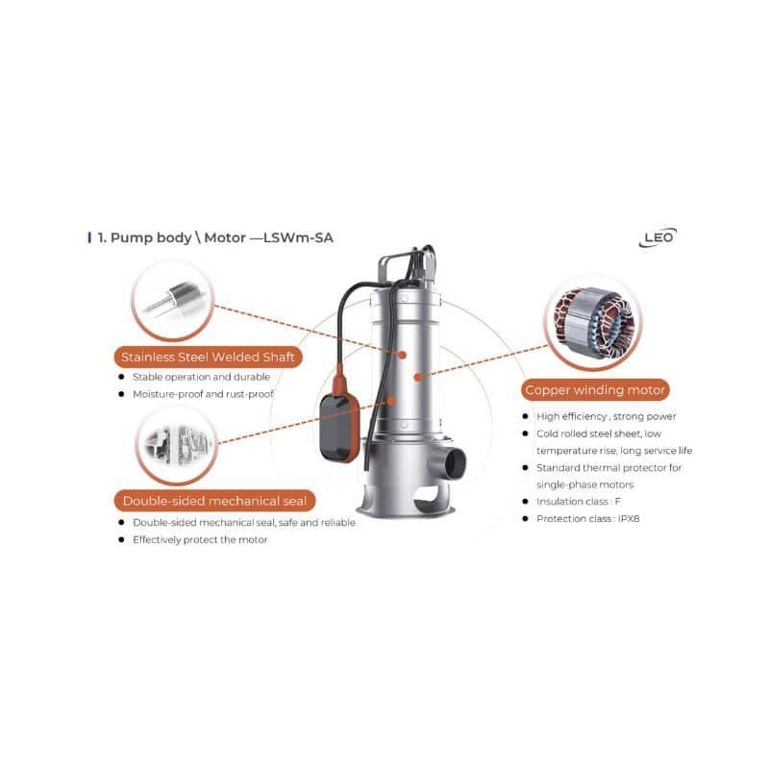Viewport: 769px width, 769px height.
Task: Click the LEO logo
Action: point(657,237)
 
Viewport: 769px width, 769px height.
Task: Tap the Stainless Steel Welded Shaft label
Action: point(208,357)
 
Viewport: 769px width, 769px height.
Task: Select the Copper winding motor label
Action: point(595,390)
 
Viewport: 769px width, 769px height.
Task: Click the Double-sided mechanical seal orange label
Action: point(214,501)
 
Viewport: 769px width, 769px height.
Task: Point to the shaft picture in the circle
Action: point(173,300)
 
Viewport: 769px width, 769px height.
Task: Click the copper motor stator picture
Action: point(593,321)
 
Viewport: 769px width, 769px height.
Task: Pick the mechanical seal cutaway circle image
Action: point(177,446)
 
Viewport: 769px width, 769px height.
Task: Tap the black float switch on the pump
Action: point(339,428)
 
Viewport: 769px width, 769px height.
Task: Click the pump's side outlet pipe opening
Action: point(455,463)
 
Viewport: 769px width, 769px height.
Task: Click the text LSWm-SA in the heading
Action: point(298,237)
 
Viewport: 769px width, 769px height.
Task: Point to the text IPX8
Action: point(629,518)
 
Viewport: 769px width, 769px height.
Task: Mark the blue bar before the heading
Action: point(89,237)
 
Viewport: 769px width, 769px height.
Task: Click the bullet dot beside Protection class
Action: point(525,518)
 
